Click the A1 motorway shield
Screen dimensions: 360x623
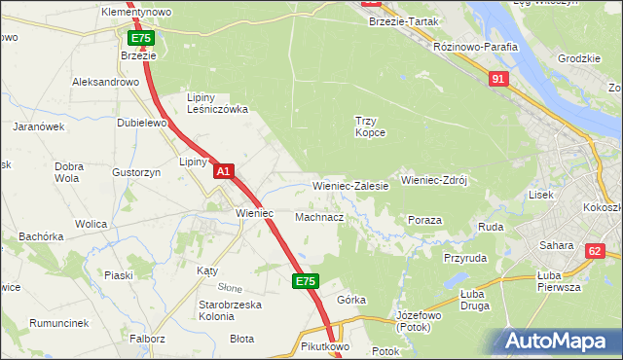pyautogui.click(x=223, y=171)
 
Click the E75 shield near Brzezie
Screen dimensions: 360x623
pyautogui.click(x=140, y=38)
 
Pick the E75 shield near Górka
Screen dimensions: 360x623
pyautogui.click(x=306, y=281)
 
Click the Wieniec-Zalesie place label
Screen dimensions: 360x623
pyautogui.click(x=350, y=185)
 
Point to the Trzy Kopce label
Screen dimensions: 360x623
pyautogui.click(x=370, y=126)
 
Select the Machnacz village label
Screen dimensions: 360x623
pyautogui.click(x=318, y=217)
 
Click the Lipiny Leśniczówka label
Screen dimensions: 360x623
pyautogui.click(x=217, y=104)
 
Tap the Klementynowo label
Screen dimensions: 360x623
pyautogui.click(x=136, y=12)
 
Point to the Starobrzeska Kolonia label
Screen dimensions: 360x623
pyautogui.click(x=202, y=310)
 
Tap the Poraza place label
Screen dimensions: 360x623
pyautogui.click(x=425, y=221)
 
